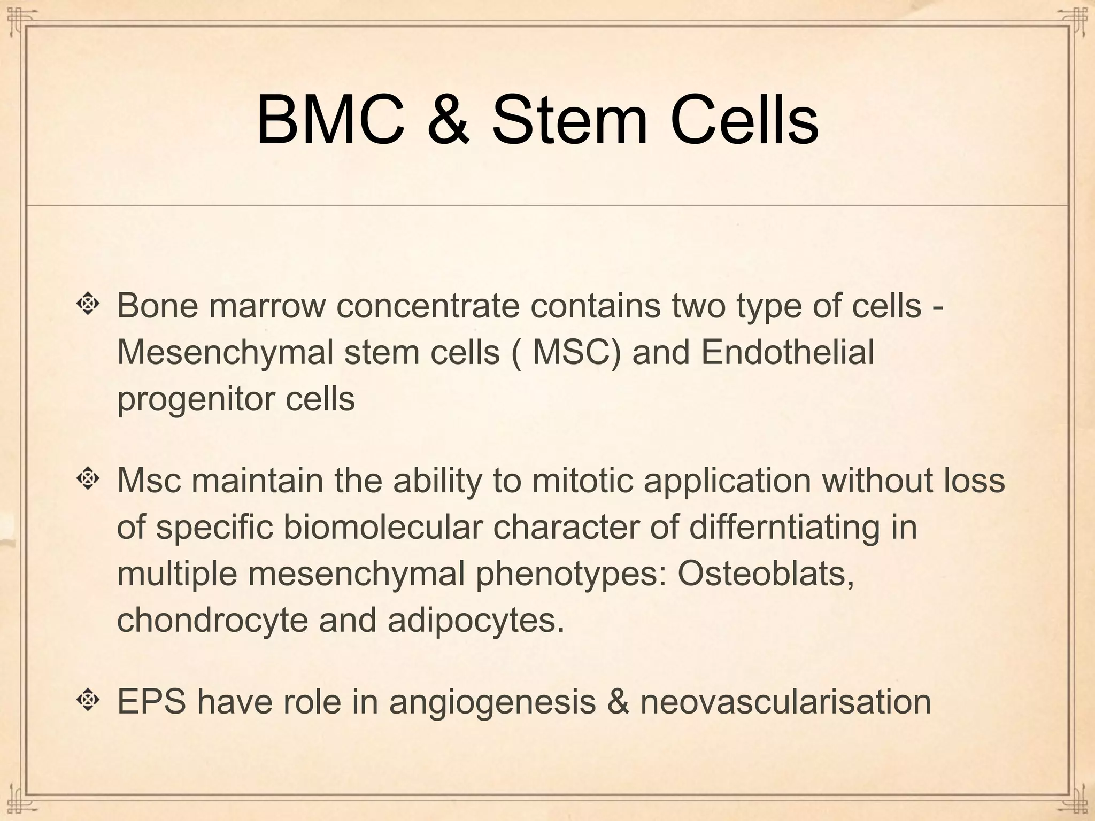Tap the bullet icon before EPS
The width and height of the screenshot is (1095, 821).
pos(88,700)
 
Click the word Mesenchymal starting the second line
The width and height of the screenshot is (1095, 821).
pos(225,353)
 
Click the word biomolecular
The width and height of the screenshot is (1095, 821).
pos(382,527)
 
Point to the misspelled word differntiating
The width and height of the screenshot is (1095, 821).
pos(784,527)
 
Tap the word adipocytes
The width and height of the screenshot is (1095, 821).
pos(475,621)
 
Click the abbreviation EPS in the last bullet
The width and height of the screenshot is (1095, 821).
pos(151,701)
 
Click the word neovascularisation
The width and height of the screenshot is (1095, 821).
pos(785,701)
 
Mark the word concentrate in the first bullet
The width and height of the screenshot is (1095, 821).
pos(428,306)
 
